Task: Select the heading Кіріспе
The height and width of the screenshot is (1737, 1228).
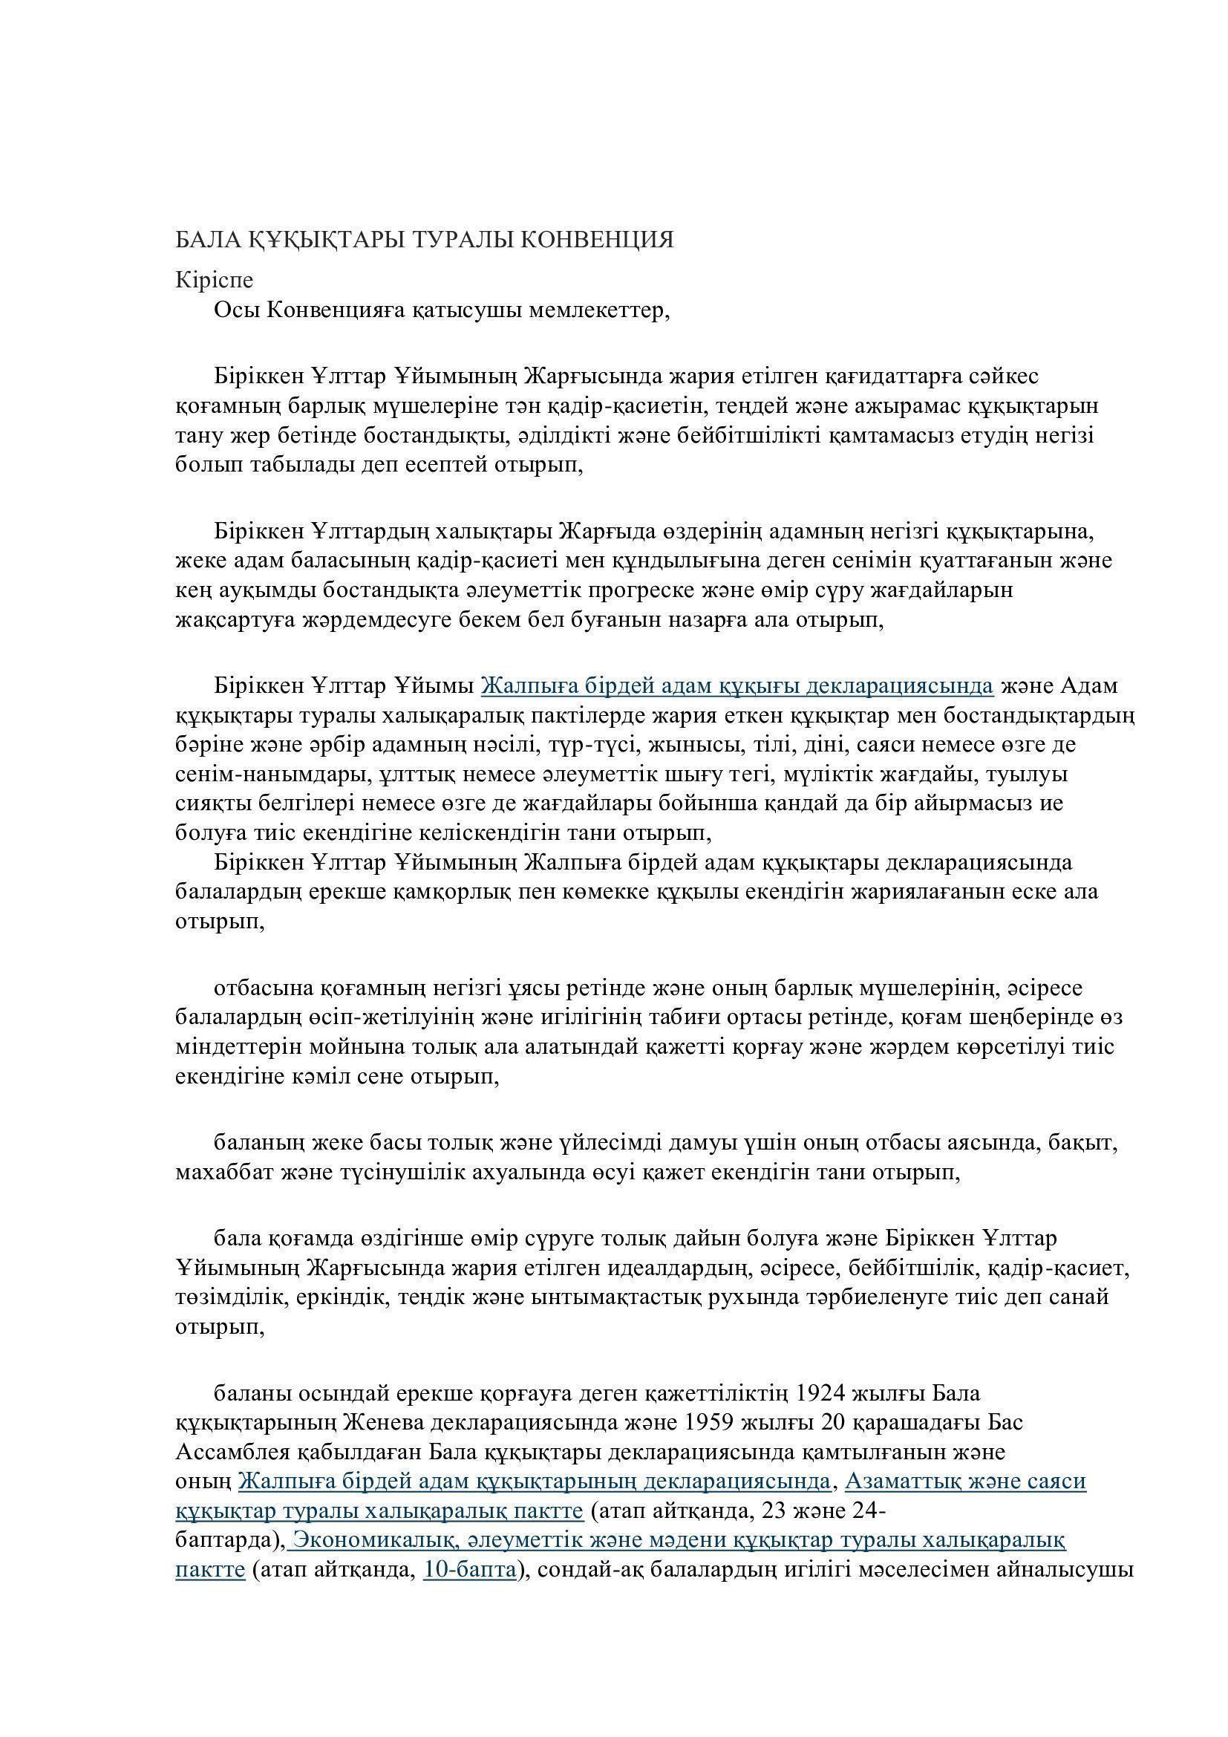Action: [x=214, y=280]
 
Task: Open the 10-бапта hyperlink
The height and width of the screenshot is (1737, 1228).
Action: [x=469, y=1569]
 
